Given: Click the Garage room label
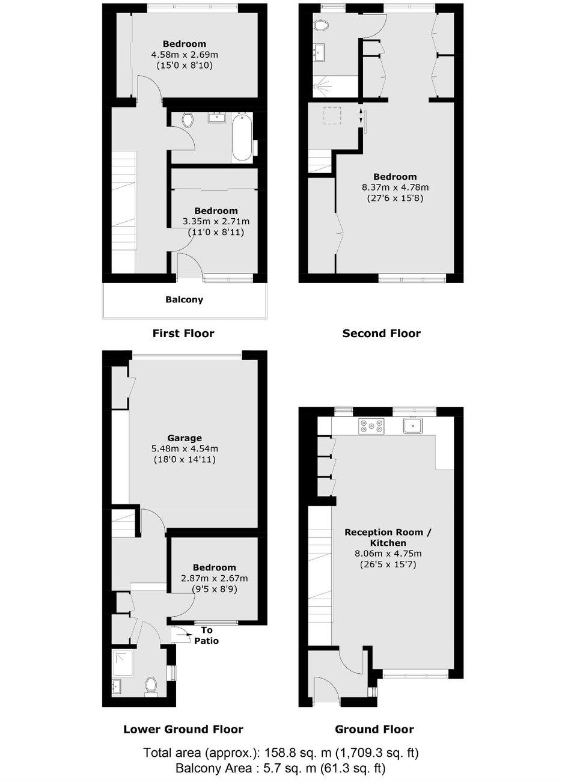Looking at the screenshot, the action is point(185,438).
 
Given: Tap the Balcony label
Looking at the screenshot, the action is point(184,299).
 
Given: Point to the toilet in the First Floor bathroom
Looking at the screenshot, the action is point(188,120).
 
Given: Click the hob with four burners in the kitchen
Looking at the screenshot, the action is point(371,426).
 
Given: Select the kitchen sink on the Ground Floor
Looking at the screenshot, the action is point(413,426).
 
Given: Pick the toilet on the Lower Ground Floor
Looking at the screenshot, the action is point(151,686).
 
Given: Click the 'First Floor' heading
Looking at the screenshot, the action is point(183,334).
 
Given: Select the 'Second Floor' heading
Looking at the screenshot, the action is point(381,334).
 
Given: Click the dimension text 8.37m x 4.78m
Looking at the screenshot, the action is point(395,188).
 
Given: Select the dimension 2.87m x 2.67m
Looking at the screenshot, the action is point(215,578).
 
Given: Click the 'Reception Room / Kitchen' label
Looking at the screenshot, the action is point(388,537).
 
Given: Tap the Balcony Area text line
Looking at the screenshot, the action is point(281,768).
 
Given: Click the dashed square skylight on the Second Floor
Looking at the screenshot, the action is point(332,115).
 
